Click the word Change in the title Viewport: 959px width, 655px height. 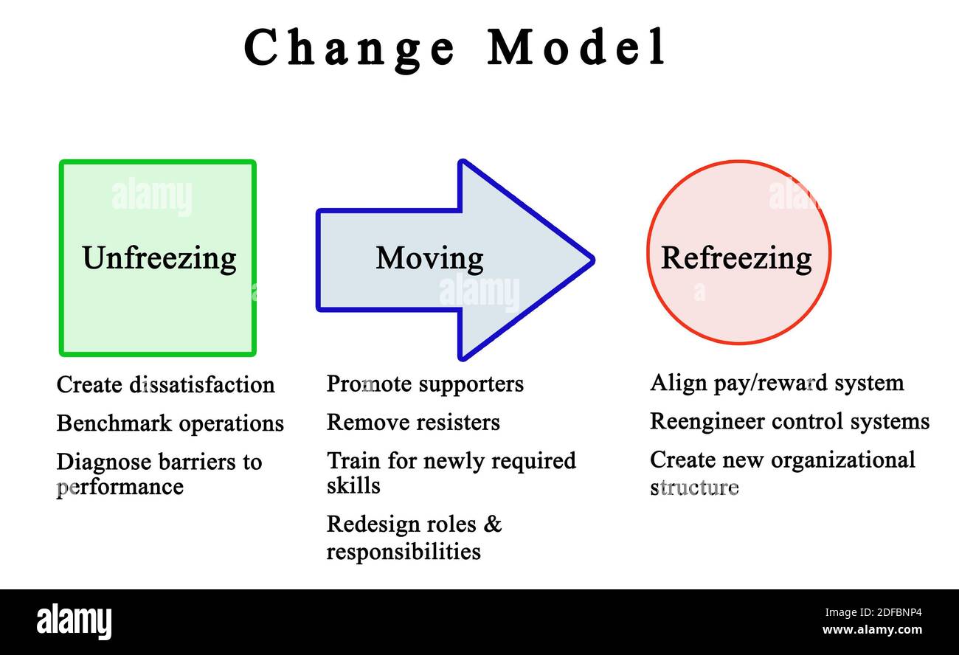click(350, 48)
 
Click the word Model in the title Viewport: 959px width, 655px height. click(576, 48)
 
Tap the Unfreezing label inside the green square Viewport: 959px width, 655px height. click(159, 258)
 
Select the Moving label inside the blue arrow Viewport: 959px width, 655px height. click(429, 258)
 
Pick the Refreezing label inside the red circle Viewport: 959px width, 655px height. click(736, 258)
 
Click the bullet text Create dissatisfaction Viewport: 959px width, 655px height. click(165, 384)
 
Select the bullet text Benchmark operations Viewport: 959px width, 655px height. click(170, 423)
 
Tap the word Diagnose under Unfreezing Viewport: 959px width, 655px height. click(105, 462)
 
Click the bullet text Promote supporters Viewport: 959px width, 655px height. click(425, 384)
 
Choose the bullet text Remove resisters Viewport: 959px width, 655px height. click(413, 422)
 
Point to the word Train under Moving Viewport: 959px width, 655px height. click(353, 460)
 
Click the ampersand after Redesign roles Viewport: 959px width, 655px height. click(494, 524)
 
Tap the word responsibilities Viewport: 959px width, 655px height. click(404, 551)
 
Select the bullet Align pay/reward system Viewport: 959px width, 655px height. click(777, 383)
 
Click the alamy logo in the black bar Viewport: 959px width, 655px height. click(74, 621)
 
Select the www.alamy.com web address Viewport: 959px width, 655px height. click(872, 630)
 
